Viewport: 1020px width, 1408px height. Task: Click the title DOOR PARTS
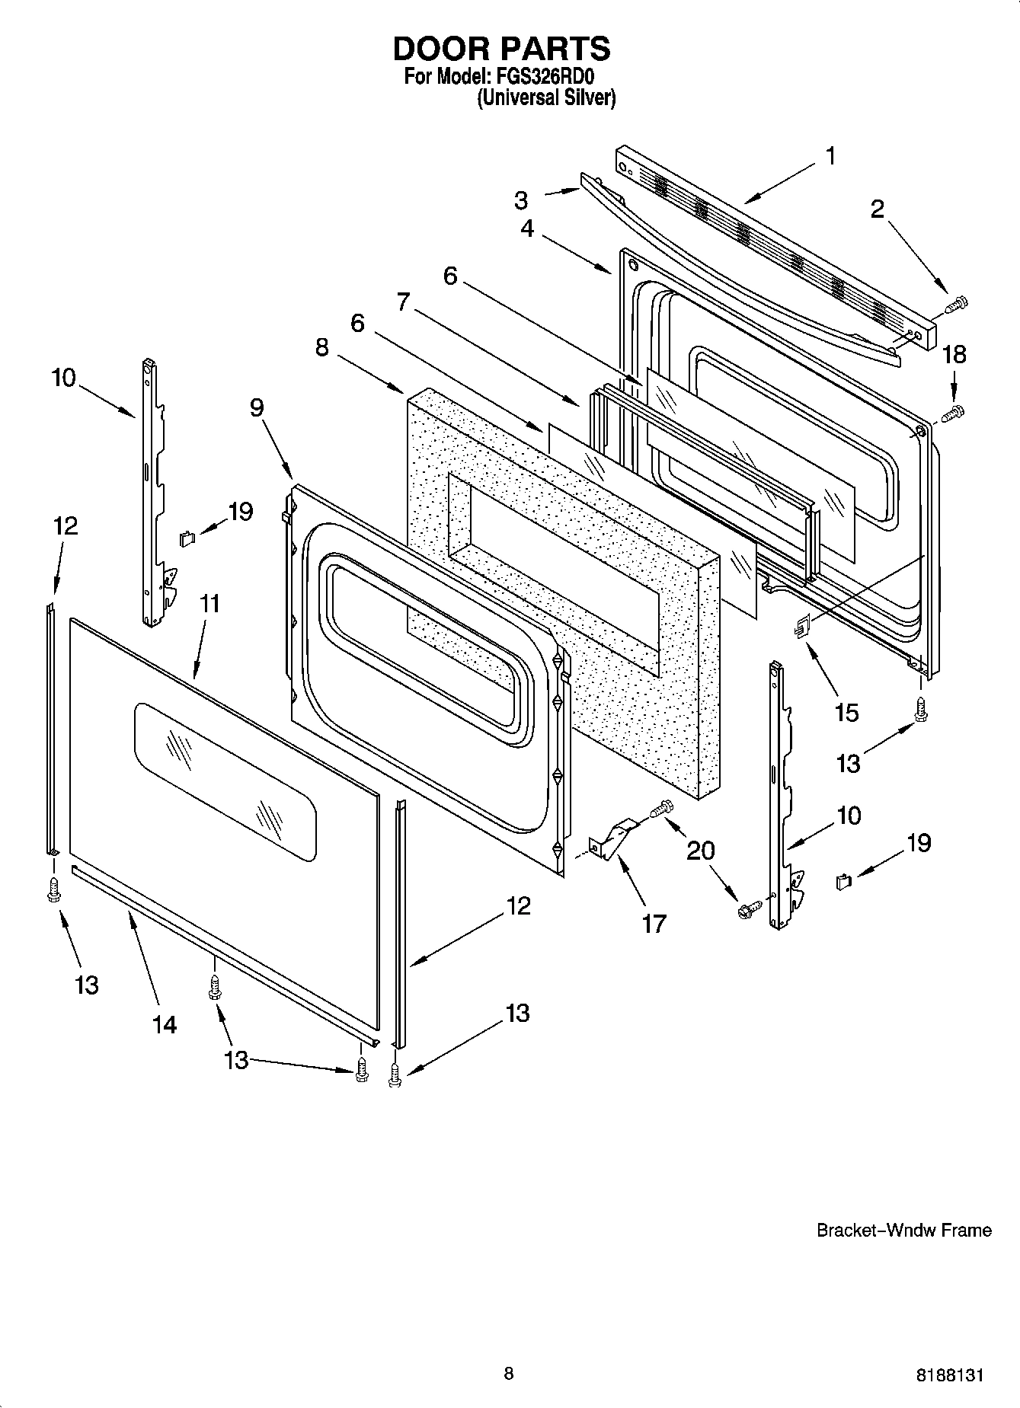pyautogui.click(x=501, y=49)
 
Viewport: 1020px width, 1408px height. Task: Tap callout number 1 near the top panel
pyautogui.click(x=830, y=156)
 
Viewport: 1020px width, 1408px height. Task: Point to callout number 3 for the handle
pyautogui.click(x=521, y=200)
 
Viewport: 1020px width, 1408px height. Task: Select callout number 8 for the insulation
pyautogui.click(x=322, y=347)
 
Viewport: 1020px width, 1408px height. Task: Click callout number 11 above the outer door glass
pyautogui.click(x=209, y=604)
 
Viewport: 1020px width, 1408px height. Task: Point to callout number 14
pyautogui.click(x=165, y=1024)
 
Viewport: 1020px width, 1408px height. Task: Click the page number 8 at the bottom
pyautogui.click(x=509, y=1374)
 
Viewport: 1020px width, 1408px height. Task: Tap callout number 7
pyautogui.click(x=404, y=302)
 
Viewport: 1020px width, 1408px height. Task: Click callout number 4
pyautogui.click(x=527, y=228)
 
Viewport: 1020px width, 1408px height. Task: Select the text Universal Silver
pyautogui.click(x=546, y=98)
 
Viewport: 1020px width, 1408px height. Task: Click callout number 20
pyautogui.click(x=701, y=850)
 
